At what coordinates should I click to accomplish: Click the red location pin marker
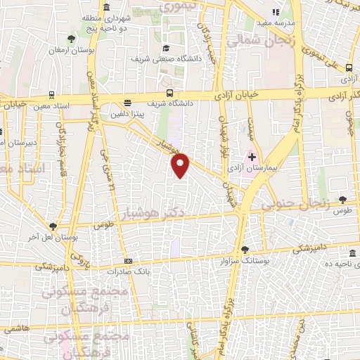pos(181,165)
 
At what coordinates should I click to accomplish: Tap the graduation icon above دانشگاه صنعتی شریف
pos(166,49)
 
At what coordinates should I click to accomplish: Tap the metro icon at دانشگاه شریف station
pos(169,92)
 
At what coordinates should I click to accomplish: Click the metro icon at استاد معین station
pos(53,93)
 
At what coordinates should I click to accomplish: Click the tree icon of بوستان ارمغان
pos(70,39)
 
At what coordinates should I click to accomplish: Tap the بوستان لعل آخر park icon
pos(53,226)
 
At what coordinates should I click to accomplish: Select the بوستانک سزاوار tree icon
pos(245,249)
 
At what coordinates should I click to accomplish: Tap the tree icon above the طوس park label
pos(342,200)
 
